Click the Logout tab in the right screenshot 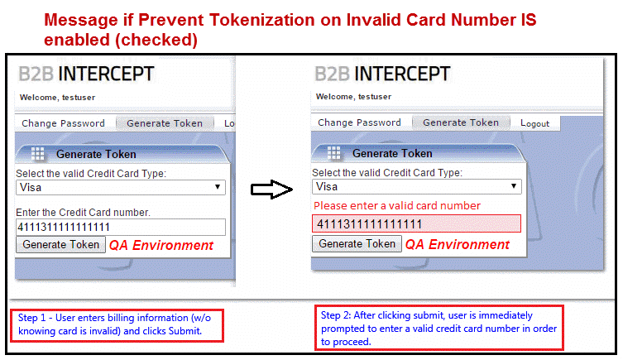pos(534,123)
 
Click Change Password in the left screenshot pos(63,123)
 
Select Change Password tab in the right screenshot pos(359,122)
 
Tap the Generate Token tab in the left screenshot pos(165,123)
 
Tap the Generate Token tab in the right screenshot pos(461,122)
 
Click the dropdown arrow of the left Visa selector pos(218,187)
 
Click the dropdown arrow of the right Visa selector pos(513,186)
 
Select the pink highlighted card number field pos(416,223)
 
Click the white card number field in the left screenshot pos(121,227)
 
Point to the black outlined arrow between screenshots pos(271,190)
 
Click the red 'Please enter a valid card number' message pos(397,205)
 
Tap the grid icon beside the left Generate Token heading pos(38,153)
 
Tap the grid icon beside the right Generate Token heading pos(333,152)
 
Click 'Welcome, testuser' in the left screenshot pos(58,98)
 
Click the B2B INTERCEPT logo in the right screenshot pos(382,74)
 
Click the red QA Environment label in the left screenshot pos(161,245)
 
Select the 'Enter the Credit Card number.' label pos(83,213)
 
